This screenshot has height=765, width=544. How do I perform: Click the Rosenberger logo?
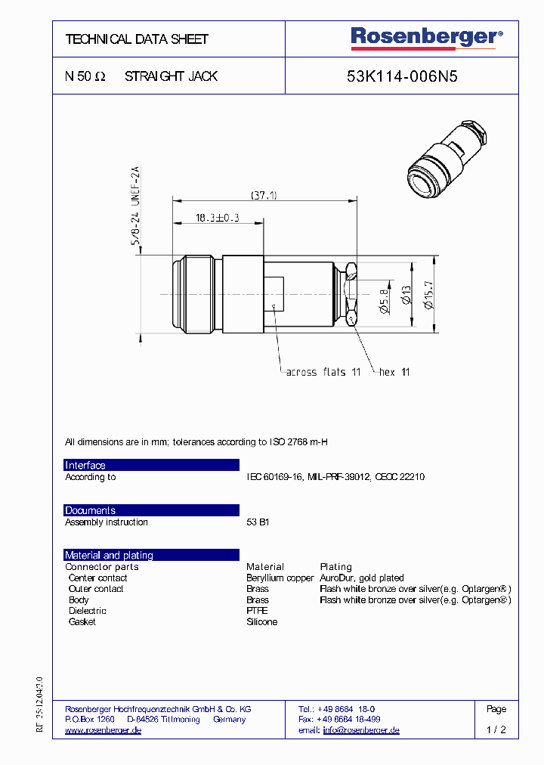425,37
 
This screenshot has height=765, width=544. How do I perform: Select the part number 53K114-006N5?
402,76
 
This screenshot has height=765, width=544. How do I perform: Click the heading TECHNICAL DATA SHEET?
137,39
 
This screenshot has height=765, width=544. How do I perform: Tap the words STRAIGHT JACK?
171,76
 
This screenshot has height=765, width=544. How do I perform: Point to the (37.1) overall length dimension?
264,195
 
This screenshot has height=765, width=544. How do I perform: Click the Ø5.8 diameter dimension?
383,300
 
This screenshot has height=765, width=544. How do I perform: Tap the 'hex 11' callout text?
394,372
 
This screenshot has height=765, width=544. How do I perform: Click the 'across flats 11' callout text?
323,372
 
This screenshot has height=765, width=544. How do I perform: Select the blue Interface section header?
151,465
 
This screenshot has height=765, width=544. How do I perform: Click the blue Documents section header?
151,510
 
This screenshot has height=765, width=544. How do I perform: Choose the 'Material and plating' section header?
151,555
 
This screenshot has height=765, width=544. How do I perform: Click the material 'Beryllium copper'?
280,578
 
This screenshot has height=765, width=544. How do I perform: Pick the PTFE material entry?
257,611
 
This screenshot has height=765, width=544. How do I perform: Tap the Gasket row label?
82,622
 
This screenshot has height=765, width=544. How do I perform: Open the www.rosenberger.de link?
103,730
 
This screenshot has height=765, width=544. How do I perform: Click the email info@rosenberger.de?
361,730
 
